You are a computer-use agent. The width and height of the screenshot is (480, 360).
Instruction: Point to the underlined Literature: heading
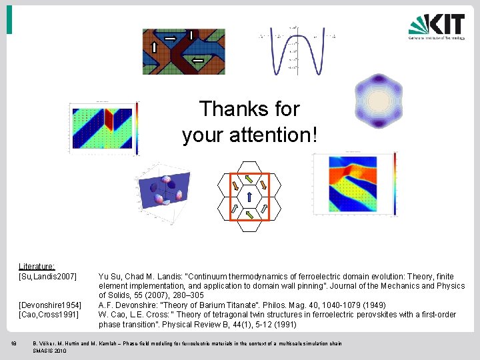[x=37, y=266]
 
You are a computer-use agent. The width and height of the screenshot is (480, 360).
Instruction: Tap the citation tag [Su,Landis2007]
[x=48, y=276]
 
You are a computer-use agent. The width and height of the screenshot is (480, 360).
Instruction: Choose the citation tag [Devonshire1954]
[x=50, y=305]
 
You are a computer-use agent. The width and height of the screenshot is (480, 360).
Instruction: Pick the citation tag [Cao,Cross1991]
[x=49, y=314]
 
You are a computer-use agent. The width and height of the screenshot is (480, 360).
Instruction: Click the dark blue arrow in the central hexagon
[x=249, y=197]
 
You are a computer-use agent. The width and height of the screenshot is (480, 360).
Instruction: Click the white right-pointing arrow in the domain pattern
[x=171, y=39]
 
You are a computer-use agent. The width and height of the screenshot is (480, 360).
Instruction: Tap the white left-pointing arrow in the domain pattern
[x=197, y=61]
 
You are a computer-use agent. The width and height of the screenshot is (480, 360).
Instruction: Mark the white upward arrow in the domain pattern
[x=154, y=47]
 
